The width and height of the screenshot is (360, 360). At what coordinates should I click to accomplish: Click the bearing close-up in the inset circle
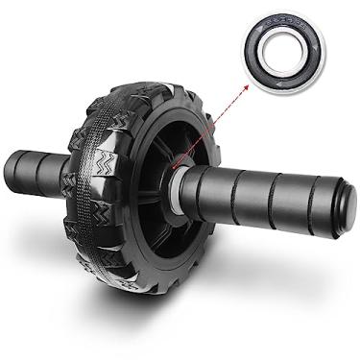pos(285,49)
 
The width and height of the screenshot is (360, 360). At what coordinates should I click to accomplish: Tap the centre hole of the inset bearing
pos(285,49)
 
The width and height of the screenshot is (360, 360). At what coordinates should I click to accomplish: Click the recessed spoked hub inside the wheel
pos(158,182)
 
